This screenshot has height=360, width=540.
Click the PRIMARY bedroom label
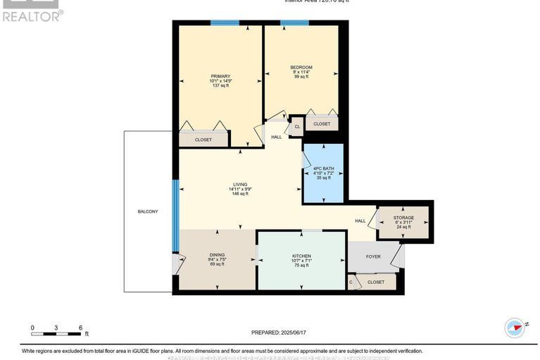tap(220, 76)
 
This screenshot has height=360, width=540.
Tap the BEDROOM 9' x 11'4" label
tap(301, 68)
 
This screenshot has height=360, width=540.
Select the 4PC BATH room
tap(323, 173)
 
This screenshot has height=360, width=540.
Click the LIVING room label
tap(241, 185)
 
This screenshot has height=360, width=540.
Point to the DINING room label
tap(217, 255)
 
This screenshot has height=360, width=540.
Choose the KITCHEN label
tap(301, 256)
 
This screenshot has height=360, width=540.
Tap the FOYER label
tap(373, 256)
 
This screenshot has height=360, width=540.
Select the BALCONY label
tap(148, 211)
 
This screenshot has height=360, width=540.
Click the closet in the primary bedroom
tap(203, 139)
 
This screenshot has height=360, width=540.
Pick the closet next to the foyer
tap(376, 282)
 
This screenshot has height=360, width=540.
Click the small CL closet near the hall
tap(297, 127)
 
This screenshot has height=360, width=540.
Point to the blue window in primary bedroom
tap(225, 23)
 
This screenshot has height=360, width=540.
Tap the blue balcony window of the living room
tap(175, 205)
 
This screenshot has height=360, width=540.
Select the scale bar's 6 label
tap(81, 328)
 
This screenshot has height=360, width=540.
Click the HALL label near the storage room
tap(360, 221)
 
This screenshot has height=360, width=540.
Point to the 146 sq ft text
tap(241, 193)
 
